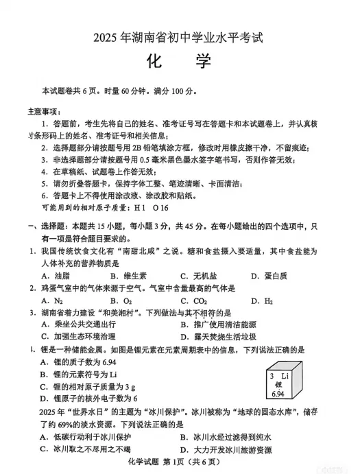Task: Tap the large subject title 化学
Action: [180, 64]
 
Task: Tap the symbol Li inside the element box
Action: [286, 376]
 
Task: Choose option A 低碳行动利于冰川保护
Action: [88, 436]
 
